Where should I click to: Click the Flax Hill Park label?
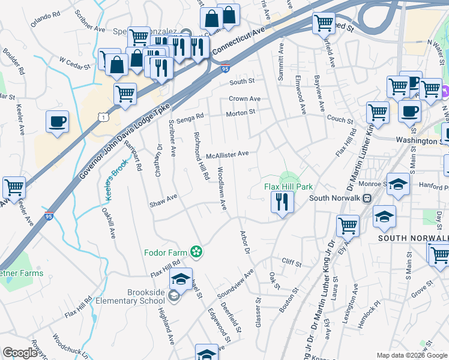coord(289,187)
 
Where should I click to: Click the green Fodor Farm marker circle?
coord(195,251)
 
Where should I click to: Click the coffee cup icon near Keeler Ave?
coord(58,122)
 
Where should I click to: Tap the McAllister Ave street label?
coord(227,155)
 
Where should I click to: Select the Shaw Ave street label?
coord(163,197)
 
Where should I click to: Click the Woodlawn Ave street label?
coord(221,188)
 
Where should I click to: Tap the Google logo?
coord(20,353)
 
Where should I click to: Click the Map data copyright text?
coord(412,355)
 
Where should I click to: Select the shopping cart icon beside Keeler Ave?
coord(14,188)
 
